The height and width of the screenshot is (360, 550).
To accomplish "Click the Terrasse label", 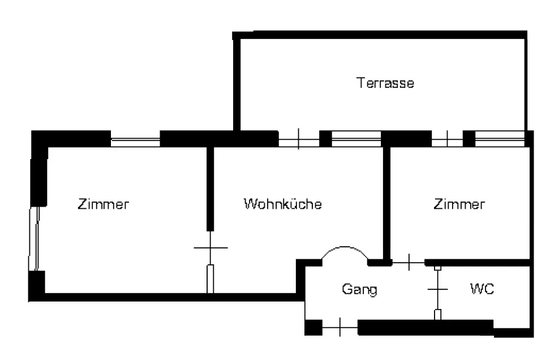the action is point(385,83).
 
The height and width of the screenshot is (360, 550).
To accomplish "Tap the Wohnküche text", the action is point(283,204).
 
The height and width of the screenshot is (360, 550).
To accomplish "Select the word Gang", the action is point(359,289).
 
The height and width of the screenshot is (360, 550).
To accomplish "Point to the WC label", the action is point(482,289).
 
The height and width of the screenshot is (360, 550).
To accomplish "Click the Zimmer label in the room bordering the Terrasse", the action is point(459,204).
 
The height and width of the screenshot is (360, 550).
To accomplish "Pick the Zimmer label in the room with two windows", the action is point(103,204).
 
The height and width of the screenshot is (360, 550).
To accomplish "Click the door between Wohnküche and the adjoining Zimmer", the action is point(210,262).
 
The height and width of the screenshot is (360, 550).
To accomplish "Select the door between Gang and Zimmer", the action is point(409,262).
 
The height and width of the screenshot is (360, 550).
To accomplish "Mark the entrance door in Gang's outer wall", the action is point(340,327).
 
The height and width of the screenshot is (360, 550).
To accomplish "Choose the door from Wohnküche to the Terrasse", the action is point(299,139).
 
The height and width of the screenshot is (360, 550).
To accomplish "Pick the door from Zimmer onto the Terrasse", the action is point(447,139).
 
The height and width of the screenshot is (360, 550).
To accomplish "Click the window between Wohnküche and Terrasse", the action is point(356,139).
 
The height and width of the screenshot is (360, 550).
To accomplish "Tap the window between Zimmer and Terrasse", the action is point(500,139).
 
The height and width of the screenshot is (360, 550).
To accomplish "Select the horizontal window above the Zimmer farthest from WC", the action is point(135,142).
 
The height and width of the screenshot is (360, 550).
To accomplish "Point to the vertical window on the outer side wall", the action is point(34,239).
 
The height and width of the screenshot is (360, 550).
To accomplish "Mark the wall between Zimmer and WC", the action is point(478,263).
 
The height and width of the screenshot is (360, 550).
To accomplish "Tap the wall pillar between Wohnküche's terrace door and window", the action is point(325,139).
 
